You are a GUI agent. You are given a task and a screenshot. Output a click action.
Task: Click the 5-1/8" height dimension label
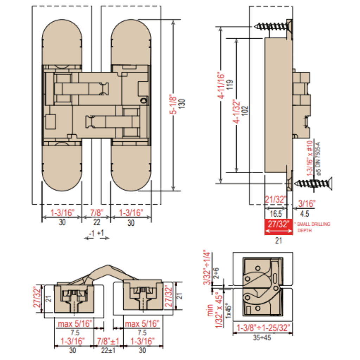(174, 104)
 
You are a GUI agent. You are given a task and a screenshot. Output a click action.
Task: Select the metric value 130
(182, 104)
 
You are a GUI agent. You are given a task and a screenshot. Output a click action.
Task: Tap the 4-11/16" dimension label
(221, 86)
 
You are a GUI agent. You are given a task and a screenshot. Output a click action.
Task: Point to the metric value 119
(229, 85)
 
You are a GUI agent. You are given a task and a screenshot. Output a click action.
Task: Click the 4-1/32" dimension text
(237, 111)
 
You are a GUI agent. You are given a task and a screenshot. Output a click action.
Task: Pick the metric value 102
(245, 111)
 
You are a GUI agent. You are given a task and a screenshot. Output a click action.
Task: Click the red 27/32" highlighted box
(278, 227)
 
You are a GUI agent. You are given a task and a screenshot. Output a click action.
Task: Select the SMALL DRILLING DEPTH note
(313, 227)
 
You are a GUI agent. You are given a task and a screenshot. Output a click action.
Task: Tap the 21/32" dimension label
(276, 199)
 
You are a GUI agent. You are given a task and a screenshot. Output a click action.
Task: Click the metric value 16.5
(276, 214)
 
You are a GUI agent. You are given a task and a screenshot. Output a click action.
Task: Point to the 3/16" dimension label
(307, 204)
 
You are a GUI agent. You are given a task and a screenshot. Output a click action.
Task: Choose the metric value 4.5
(304, 214)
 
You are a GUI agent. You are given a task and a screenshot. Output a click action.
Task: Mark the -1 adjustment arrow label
(91, 233)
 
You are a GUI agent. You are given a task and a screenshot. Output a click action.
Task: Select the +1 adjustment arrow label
(101, 233)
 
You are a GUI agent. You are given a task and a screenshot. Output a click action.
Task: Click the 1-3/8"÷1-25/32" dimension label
(263, 328)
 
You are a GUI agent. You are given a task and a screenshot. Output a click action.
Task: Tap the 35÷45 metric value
(262, 338)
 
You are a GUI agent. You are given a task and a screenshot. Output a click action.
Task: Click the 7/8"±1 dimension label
(108, 341)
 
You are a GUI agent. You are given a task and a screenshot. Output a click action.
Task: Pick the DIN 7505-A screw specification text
(317, 159)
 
